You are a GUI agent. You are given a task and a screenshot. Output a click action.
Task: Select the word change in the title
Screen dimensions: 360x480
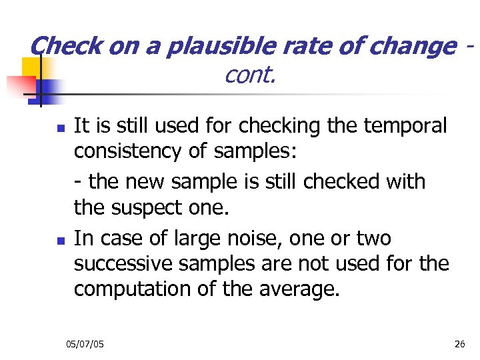point(413,46)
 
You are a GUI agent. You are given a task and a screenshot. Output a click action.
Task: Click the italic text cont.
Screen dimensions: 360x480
point(250,75)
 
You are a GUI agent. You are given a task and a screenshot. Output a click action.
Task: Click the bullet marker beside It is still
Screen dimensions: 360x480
point(60,127)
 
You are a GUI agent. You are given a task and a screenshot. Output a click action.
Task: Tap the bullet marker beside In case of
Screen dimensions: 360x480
point(60,239)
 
